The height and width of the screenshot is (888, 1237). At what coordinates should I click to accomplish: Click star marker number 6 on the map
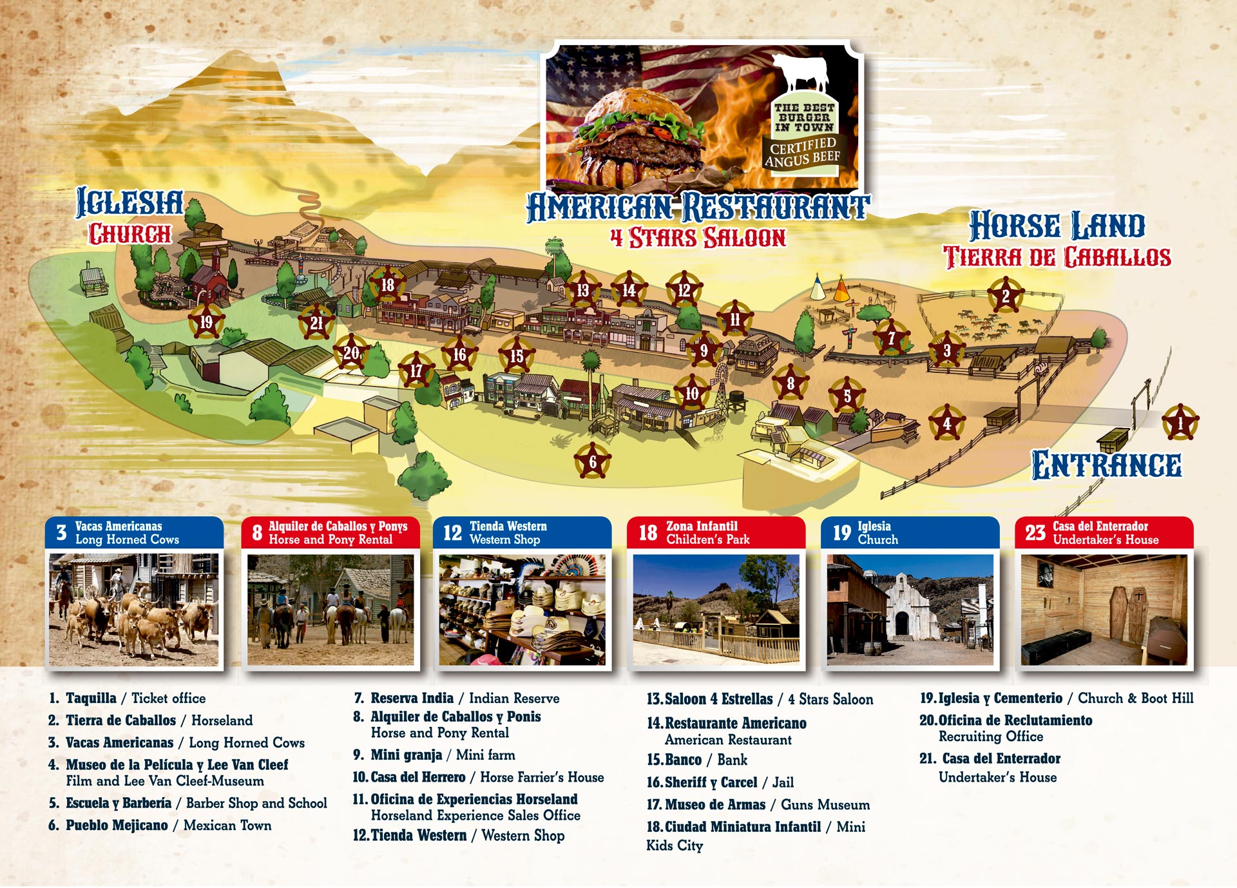(592, 461)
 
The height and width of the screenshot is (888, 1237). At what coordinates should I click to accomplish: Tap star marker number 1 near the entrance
(1180, 423)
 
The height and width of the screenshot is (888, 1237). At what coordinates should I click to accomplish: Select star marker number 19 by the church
(206, 322)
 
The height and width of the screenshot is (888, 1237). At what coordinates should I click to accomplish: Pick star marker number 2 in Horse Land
(1005, 296)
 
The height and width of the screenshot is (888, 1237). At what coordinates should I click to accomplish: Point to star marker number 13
(582, 291)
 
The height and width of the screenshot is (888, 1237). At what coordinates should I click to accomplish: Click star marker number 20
(351, 352)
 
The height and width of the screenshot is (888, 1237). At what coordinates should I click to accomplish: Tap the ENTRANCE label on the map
(1106, 465)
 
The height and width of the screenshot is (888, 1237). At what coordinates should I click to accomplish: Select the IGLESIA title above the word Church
(129, 202)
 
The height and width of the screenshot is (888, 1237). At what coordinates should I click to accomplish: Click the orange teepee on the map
(841, 291)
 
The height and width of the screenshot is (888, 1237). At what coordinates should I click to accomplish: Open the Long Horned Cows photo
(134, 609)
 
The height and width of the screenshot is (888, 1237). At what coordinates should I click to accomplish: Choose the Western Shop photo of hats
(522, 609)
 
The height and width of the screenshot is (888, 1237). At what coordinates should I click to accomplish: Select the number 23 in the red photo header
(1035, 533)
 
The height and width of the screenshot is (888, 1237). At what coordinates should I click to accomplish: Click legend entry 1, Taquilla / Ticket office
(127, 699)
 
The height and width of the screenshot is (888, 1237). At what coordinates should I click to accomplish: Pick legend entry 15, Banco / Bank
(697, 760)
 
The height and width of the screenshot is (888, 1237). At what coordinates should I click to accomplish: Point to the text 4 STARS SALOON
(698, 238)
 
